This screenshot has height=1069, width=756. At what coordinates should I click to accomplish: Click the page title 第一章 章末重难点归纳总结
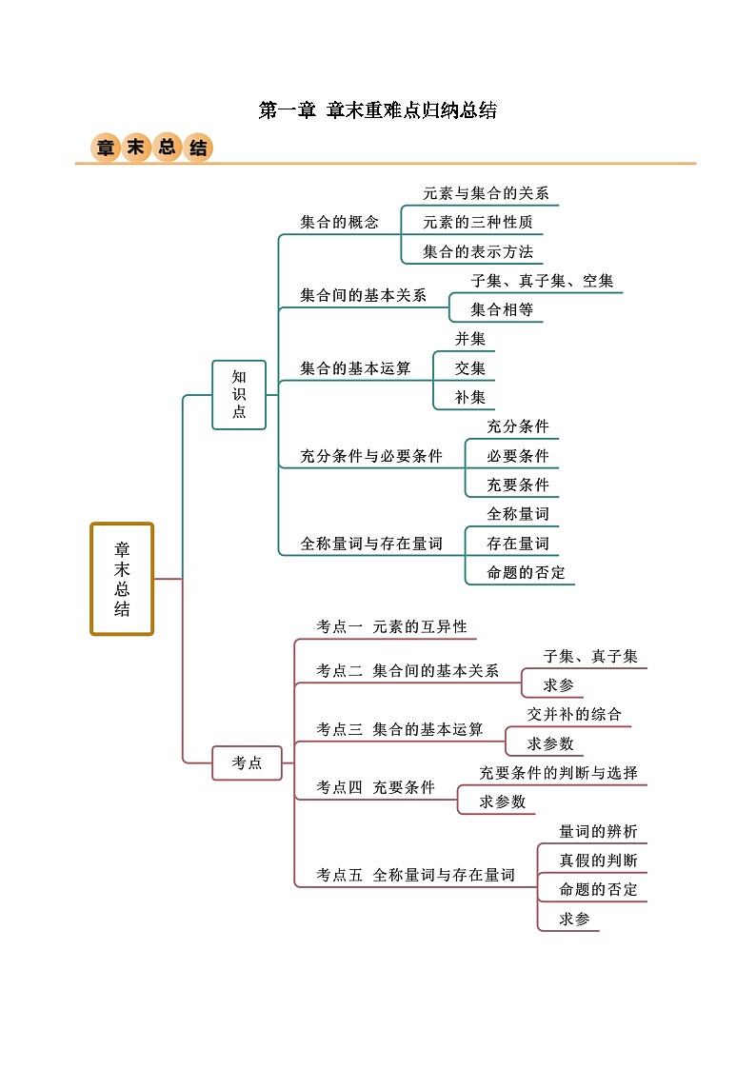tap(377, 110)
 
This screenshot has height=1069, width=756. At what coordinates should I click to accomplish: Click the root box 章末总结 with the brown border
tap(122, 579)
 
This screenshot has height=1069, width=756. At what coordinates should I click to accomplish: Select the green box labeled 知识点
tap(239, 394)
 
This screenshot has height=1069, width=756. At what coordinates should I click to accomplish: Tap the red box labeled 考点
tap(248, 762)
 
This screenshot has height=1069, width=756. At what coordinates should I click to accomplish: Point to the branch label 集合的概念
tap(339, 223)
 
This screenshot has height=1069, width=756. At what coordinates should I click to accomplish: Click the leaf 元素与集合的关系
tap(486, 193)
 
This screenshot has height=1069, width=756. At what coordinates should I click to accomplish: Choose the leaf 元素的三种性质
tap(477, 223)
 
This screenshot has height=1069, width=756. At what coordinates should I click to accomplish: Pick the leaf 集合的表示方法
tap(478, 252)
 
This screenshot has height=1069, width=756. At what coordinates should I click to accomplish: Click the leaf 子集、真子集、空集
tap(542, 281)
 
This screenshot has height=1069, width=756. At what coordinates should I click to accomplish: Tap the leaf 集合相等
tap(502, 309)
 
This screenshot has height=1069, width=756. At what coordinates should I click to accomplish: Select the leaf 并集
tap(470, 339)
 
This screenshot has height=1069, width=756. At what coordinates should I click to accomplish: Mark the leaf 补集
tap(470, 397)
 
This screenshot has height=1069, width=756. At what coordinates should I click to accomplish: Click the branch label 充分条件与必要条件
tap(371, 456)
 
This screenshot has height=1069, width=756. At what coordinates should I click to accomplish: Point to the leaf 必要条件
tap(518, 456)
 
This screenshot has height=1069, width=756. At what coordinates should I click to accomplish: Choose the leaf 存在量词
tap(518, 544)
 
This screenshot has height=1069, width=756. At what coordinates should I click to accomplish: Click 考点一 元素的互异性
tap(391, 626)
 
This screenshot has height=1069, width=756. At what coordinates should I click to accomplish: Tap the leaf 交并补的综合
tap(574, 714)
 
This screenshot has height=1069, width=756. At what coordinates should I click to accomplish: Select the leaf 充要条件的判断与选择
tap(558, 772)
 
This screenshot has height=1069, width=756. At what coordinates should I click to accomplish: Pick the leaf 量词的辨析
tap(598, 831)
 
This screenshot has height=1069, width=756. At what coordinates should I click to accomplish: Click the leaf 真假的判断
tap(598, 861)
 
